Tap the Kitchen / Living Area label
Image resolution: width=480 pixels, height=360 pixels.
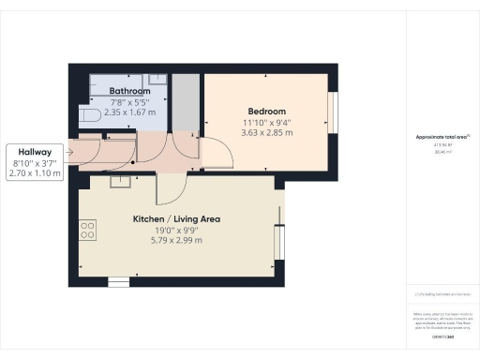[176, 219]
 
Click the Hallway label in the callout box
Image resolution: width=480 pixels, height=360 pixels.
[30, 152]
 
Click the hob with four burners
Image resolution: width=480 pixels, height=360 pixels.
[87, 230]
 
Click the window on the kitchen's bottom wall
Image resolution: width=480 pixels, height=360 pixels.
[118, 281]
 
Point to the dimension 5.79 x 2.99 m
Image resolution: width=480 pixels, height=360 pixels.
[176, 241]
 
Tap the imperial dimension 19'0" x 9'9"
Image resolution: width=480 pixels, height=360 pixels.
[176, 231]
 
